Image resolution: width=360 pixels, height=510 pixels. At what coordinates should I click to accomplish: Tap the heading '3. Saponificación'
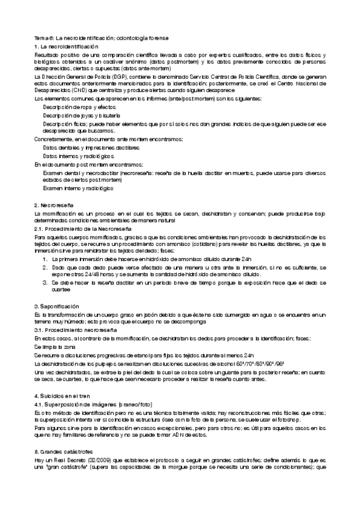56,307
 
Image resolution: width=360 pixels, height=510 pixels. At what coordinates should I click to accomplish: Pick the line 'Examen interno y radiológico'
78,188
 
